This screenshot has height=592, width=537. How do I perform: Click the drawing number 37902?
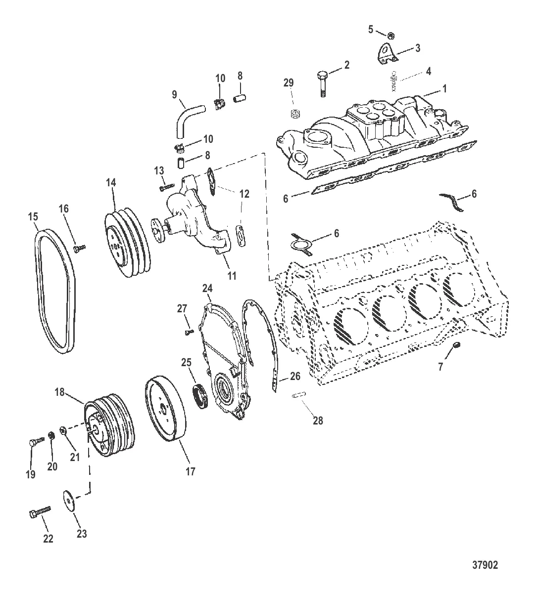click(485, 565)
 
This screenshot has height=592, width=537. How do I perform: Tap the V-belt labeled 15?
click(55, 291)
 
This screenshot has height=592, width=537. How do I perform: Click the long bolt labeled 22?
click(40, 511)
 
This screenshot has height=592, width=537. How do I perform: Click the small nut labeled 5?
click(391, 36)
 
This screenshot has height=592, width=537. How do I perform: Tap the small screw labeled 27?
click(190, 332)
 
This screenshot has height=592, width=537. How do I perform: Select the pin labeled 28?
click(298, 395)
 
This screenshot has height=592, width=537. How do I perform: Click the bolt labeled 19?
click(36, 442)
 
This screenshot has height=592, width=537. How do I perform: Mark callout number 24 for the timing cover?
click(207, 289)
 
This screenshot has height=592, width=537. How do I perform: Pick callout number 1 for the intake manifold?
click(445, 89)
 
